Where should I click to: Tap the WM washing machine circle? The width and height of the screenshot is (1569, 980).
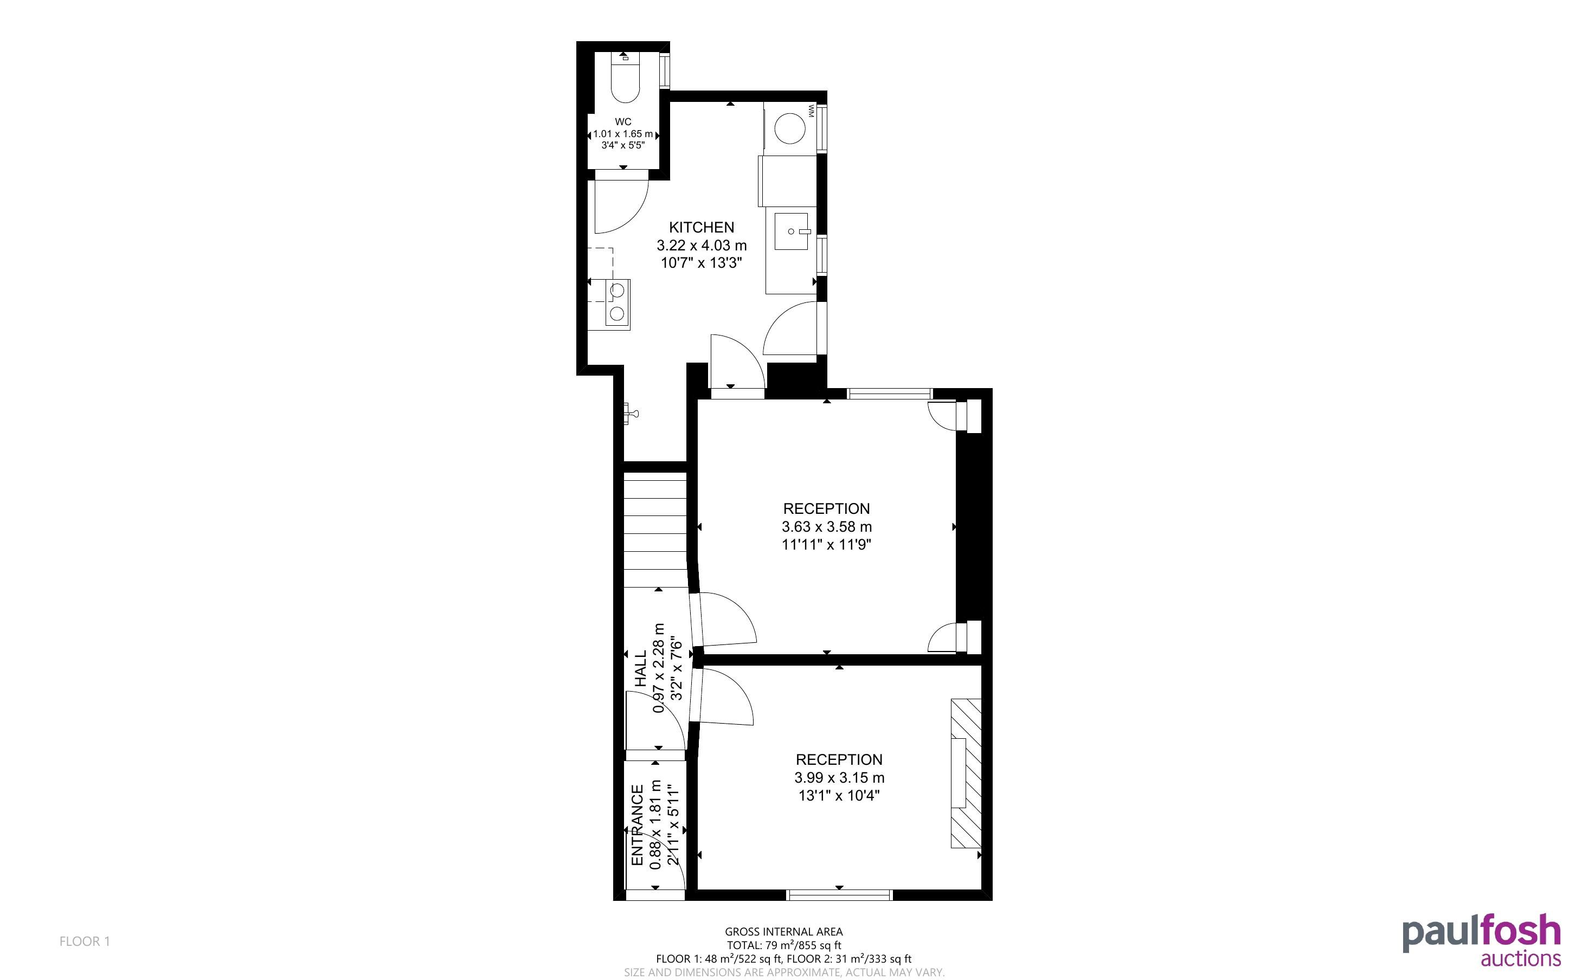pyautogui.click(x=790, y=128)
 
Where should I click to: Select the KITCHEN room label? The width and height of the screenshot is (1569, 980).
pyautogui.click(x=701, y=228)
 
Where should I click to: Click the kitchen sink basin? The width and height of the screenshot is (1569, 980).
pyautogui.click(x=790, y=231)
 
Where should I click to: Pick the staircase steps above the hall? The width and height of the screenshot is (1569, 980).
pyautogui.click(x=654, y=530)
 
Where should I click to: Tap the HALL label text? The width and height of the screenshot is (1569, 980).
pyautogui.click(x=641, y=669)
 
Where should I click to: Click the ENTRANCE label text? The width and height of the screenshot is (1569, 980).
pyautogui.click(x=638, y=825)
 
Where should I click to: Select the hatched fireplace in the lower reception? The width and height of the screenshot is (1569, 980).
pyautogui.click(x=966, y=772)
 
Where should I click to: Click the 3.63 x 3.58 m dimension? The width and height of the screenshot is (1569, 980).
pyautogui.click(x=826, y=527)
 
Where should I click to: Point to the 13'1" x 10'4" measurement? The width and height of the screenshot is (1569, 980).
pyautogui.click(x=839, y=795)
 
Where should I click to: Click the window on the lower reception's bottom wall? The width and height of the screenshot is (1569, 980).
pyautogui.click(x=839, y=895)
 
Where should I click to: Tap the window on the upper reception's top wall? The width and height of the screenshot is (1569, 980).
pyautogui.click(x=889, y=393)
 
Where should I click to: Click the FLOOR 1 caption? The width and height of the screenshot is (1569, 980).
pyautogui.click(x=85, y=941)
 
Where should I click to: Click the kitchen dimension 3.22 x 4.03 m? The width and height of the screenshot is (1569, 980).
pyautogui.click(x=701, y=246)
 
